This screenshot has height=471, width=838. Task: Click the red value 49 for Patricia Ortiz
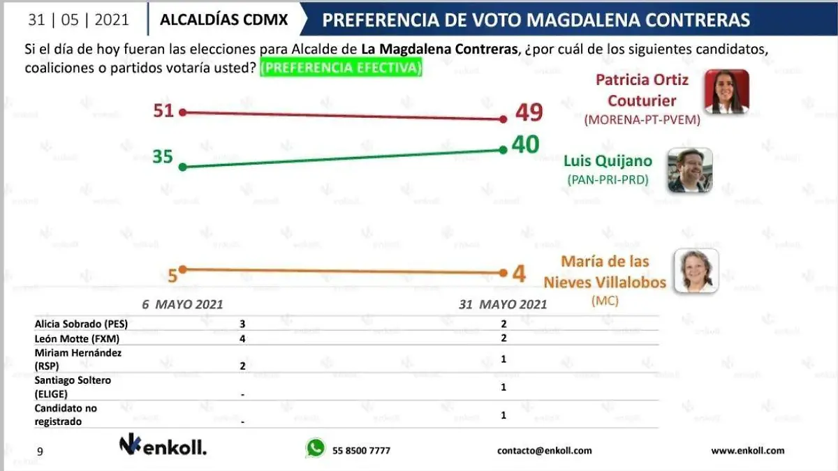tap(529, 112)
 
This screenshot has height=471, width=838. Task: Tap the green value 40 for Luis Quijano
tap(525, 144)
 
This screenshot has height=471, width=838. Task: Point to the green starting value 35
tap(163, 157)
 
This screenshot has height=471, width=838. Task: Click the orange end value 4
tap(519, 274)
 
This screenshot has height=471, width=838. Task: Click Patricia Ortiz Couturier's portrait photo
tap(726, 91)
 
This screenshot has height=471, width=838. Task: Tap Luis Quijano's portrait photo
tap(690, 170)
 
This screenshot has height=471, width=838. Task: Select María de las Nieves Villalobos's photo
tap(696, 271)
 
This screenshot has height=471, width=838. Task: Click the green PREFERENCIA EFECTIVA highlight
tap(340, 69)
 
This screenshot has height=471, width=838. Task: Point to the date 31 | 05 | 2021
tap(78, 20)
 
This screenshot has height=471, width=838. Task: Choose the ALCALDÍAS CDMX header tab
tap(223, 20)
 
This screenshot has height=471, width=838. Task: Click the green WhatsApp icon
tap(315, 448)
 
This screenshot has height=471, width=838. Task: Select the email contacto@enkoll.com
tap(544, 451)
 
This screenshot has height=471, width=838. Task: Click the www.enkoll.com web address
tap(747, 451)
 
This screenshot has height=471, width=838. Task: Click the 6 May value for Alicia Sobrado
tap(242, 324)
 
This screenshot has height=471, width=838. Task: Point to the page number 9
tap(40, 451)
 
